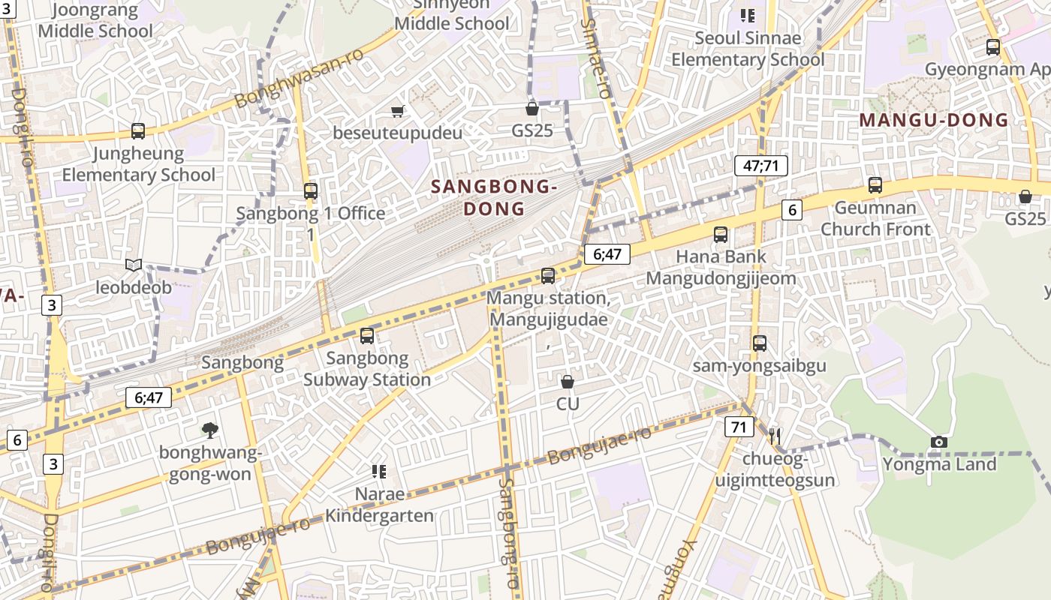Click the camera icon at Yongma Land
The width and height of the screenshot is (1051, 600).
(x=938, y=442)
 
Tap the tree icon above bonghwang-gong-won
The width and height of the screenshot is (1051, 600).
(x=209, y=430)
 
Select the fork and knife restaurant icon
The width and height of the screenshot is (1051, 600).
(x=775, y=436)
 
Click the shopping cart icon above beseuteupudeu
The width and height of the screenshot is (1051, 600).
(x=398, y=111)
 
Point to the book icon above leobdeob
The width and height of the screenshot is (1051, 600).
(x=134, y=265)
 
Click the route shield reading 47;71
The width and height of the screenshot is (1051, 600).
(x=760, y=166)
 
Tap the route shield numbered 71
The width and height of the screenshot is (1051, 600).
(x=739, y=427)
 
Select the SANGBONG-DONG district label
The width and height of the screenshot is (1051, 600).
(x=493, y=198)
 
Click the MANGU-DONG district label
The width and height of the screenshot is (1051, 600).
(x=934, y=120)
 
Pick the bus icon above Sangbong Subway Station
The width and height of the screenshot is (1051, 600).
(x=367, y=335)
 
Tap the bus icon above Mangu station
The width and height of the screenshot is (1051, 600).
(x=548, y=275)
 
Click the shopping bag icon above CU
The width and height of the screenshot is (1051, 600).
(x=568, y=382)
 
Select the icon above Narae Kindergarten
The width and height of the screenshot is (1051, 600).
(x=379, y=471)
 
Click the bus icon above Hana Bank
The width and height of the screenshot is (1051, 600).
(x=721, y=234)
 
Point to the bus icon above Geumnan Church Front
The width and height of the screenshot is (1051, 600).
(x=875, y=184)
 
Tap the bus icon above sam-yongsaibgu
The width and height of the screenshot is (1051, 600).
(x=760, y=343)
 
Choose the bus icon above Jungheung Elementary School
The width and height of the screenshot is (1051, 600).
(x=138, y=130)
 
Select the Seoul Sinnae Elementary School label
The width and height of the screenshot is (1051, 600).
(x=748, y=49)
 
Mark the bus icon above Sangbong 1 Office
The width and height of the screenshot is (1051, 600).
(x=311, y=190)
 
